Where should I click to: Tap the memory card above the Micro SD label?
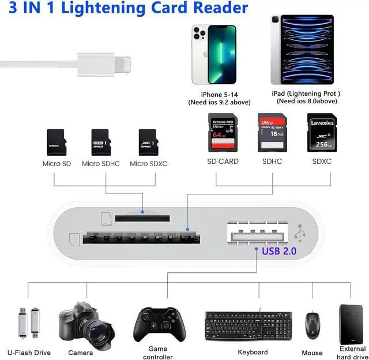56,142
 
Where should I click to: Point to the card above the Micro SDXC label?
148,142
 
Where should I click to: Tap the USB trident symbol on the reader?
300,233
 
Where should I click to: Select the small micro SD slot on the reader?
142,218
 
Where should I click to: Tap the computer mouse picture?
312,326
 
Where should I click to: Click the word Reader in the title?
212,8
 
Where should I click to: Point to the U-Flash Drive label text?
29,352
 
